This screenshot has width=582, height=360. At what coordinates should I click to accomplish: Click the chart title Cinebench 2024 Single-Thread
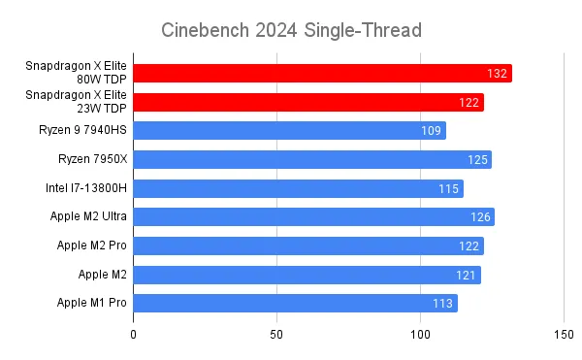pyautogui.click(x=291, y=30)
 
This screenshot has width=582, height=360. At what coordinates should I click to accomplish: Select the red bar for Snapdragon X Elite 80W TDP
pyautogui.click(x=323, y=73)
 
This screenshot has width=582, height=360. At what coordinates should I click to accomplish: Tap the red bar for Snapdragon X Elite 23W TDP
pyautogui.click(x=308, y=102)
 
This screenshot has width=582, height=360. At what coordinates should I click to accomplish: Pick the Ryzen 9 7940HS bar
pyautogui.click(x=289, y=131)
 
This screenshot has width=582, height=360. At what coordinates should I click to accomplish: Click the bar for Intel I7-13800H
pyautogui.click(x=299, y=188)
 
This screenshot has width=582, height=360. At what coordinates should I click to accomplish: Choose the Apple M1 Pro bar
pyautogui.click(x=296, y=303)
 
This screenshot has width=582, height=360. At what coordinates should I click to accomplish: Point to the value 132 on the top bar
pyautogui.click(x=497, y=74)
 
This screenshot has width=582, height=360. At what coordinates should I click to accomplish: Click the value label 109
pyautogui.click(x=431, y=131)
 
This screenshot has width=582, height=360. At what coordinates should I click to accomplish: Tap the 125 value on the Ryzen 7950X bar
pyautogui.click(x=477, y=159)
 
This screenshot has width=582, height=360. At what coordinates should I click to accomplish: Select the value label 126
pyautogui.click(x=480, y=216)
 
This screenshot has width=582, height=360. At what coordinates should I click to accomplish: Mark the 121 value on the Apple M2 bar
pyautogui.click(x=466, y=275)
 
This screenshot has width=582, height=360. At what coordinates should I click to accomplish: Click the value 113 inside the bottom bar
pyautogui.click(x=442, y=304)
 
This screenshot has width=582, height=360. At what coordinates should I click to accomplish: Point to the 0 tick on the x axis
pyautogui.click(x=133, y=335)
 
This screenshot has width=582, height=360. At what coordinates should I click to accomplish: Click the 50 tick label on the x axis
pyautogui.click(x=276, y=335)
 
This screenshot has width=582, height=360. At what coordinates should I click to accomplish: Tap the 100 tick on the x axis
pyautogui.click(x=420, y=335)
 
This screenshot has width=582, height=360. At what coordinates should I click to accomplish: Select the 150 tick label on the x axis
pyautogui.click(x=564, y=335)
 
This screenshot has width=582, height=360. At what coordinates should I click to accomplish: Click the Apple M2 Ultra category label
pyautogui.click(x=88, y=216)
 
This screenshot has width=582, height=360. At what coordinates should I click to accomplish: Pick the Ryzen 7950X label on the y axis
pyautogui.click(x=92, y=159)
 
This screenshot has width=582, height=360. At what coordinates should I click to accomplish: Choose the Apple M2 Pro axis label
pyautogui.click(x=92, y=245)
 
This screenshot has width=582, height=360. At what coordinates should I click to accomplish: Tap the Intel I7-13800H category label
pyautogui.click(x=86, y=188)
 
